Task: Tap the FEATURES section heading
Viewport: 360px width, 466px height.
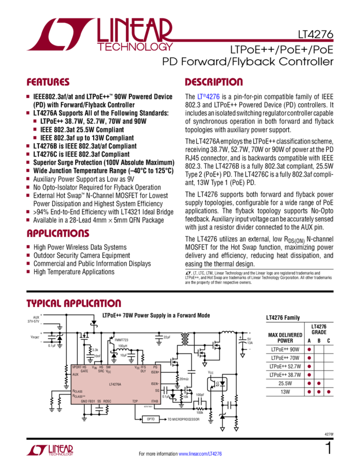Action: pos(48,82)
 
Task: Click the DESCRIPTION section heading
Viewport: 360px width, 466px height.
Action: pos(213,82)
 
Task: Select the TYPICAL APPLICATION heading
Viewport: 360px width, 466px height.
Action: pos(73,303)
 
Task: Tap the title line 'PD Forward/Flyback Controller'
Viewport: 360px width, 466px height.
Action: pos(248,62)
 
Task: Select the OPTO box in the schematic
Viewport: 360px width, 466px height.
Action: pos(152,419)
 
